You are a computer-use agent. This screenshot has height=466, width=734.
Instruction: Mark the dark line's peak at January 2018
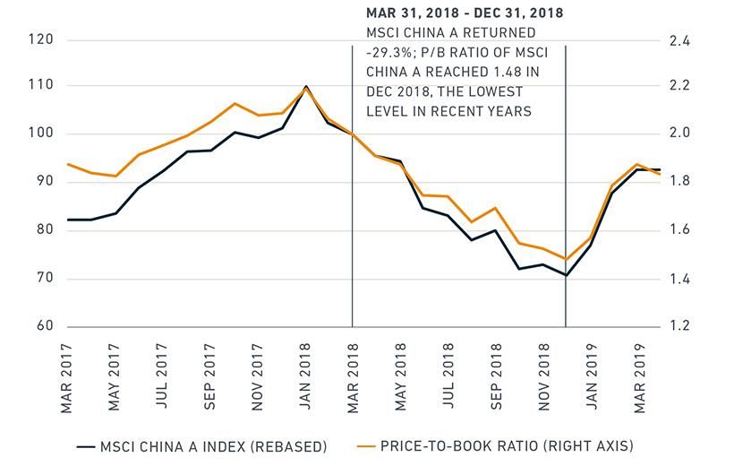[306, 87]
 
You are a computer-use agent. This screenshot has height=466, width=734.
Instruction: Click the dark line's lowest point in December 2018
[566, 275]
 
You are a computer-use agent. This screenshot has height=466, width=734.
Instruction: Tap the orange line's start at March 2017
[68, 164]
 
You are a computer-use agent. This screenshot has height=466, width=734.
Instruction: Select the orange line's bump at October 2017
[234, 103]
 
